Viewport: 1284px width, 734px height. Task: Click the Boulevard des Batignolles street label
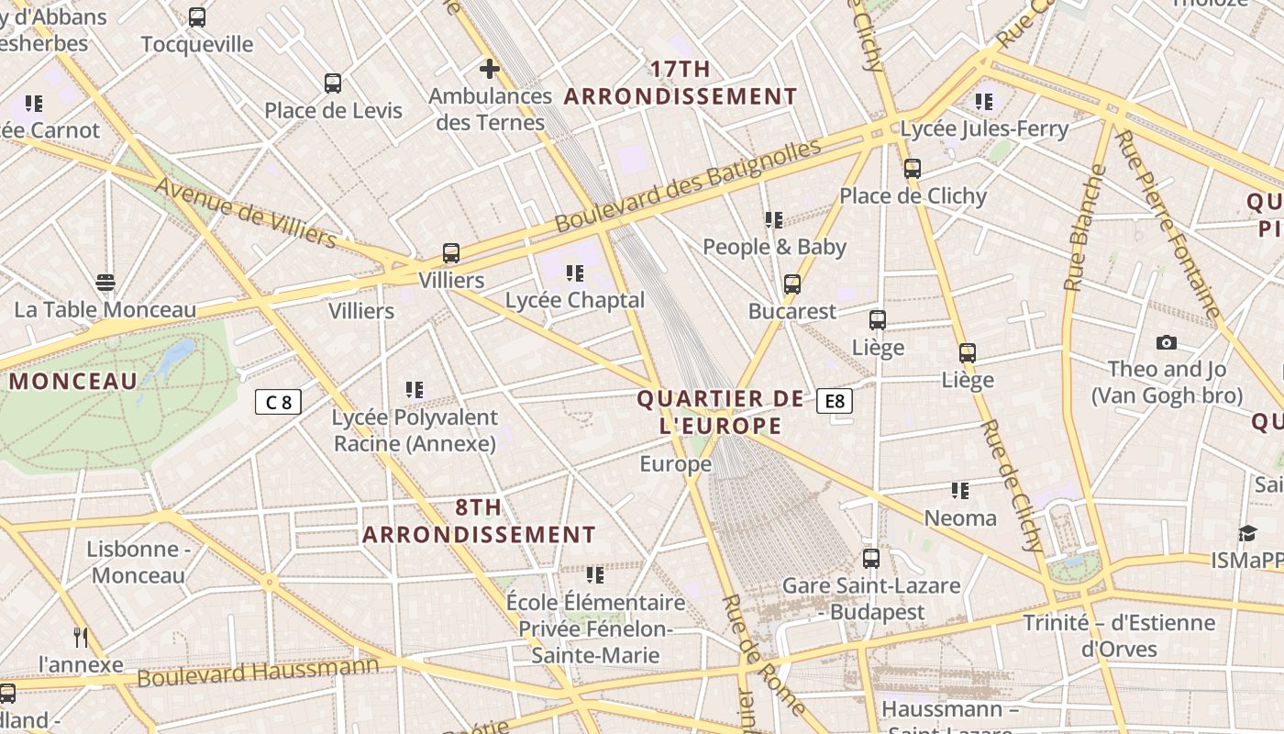(x=688, y=185)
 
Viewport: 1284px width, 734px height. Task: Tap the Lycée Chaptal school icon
(x=575, y=272)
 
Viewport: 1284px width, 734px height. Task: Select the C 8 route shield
(x=278, y=402)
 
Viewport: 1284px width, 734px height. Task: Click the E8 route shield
(x=835, y=401)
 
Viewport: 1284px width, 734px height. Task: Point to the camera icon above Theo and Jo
(x=1167, y=342)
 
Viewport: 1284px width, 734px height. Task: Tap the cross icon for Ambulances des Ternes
(x=490, y=68)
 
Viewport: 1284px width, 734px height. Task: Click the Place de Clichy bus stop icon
(x=912, y=169)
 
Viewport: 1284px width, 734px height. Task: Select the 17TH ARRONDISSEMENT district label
(x=681, y=83)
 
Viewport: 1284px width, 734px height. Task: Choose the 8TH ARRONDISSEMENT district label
(x=479, y=520)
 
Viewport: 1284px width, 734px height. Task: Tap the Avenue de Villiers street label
(x=245, y=212)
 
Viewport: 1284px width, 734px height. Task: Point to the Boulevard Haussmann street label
(x=258, y=671)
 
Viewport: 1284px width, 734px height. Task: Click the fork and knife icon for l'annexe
(x=81, y=637)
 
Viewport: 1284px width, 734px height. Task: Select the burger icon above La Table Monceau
(x=105, y=283)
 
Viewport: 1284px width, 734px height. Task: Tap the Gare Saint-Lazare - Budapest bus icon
(x=871, y=558)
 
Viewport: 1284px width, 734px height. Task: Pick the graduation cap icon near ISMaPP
(x=1247, y=534)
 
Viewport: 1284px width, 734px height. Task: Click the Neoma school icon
(x=960, y=491)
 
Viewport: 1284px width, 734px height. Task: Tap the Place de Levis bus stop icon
(x=333, y=83)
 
